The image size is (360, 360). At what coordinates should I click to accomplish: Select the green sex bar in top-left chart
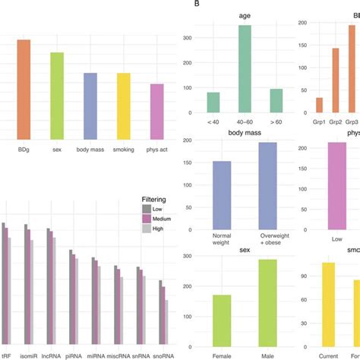57,96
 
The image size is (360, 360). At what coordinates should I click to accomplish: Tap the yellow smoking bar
123,106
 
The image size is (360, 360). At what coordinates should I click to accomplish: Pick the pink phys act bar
156,112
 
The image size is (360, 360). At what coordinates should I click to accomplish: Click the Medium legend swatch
149,218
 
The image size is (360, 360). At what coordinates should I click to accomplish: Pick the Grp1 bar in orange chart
319,111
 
